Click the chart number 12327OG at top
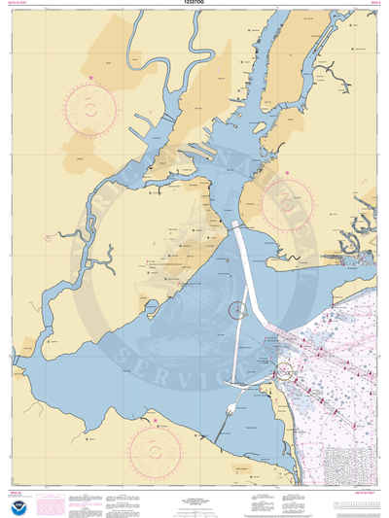point(194,4)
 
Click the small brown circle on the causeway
point(235,311)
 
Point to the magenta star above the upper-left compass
point(91,78)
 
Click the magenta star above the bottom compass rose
point(155,420)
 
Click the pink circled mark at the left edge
point(46,237)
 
